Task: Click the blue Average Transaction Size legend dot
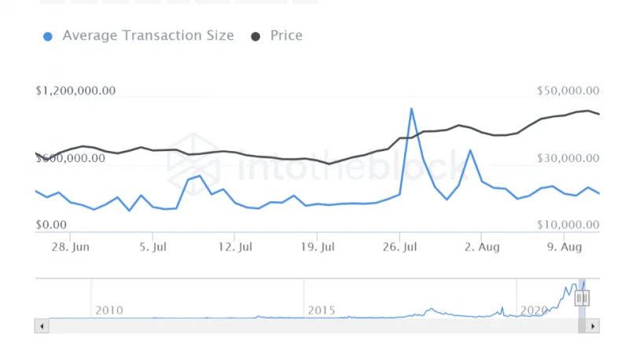(48, 36)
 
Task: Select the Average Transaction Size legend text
(148, 35)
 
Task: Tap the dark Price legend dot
(256, 36)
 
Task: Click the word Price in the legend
(286, 35)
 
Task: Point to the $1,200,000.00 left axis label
(75, 91)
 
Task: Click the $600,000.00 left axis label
(71, 158)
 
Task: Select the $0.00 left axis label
(51, 225)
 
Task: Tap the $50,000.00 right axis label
(568, 91)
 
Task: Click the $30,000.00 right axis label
(568, 158)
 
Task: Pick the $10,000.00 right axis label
(568, 226)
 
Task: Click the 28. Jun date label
(69, 247)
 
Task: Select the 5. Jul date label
(153, 247)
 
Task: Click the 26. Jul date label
(399, 247)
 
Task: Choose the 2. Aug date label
(481, 247)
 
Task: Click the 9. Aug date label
(564, 247)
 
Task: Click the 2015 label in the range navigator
(322, 310)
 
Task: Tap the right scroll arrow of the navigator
(593, 325)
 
